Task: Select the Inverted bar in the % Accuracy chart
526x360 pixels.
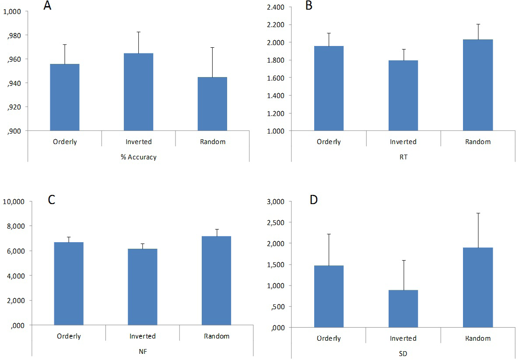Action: coord(138,92)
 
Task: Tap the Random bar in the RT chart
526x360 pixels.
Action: coord(478,85)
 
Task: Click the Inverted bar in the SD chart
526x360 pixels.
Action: coord(403,308)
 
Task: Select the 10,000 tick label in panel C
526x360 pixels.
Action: coord(14,201)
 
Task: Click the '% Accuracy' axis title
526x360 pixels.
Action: coord(139,157)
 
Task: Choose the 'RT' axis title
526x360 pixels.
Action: coord(403,157)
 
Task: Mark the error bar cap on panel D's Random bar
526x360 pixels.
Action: coord(478,213)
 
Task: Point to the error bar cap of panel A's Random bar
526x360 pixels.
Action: coord(212,47)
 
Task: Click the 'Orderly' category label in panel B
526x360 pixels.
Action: coord(329,141)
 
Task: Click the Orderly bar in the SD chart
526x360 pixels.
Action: coord(329,296)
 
